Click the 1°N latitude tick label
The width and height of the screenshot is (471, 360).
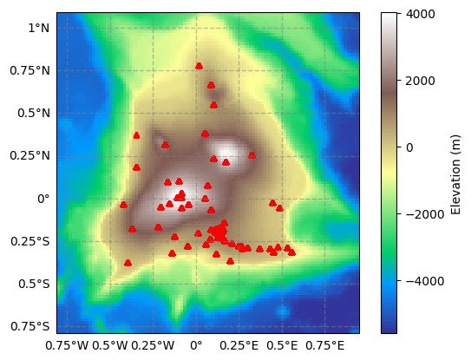coord(39,29)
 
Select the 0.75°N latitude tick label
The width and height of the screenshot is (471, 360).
coord(29,71)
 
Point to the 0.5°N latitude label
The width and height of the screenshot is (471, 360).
coord(34,114)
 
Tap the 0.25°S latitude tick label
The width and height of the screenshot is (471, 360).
coord(30,241)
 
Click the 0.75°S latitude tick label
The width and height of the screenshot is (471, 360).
coord(30,326)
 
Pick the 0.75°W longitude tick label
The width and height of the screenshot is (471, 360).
coord(67,346)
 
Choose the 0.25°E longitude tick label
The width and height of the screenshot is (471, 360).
coord(239,346)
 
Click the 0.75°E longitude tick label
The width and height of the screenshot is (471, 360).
coord(325,346)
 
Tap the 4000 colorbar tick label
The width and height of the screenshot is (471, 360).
coord(420,14)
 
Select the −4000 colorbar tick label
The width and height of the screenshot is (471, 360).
coord(425,281)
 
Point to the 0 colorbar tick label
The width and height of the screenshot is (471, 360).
coord(409,147)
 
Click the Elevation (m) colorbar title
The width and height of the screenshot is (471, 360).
coord(455,174)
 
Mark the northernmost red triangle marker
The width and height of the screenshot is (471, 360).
coord(199,66)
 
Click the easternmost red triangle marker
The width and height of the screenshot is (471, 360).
coord(291,252)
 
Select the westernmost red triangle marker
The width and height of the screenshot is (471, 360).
coord(123,205)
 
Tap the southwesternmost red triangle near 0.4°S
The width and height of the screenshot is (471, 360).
coord(128,263)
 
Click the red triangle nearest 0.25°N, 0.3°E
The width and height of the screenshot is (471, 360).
coord(252,155)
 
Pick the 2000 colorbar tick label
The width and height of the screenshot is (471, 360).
coord(420,81)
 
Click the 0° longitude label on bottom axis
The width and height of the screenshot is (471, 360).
coord(196,346)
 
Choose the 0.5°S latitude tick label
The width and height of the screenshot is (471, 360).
coord(34,284)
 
